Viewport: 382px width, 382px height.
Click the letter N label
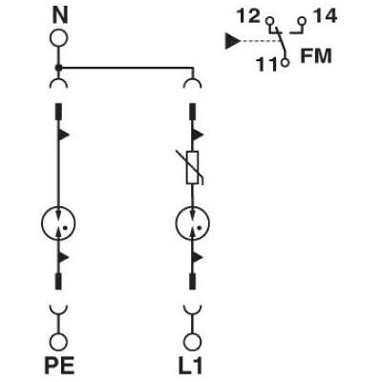(60, 16)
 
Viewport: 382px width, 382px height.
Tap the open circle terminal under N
(59, 38)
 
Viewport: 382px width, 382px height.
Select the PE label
(59, 366)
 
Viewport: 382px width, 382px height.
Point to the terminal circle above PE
(58, 343)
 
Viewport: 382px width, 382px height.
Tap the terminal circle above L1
(192, 343)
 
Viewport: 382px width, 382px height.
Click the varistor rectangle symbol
(192, 168)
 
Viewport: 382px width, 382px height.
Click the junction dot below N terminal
(58, 68)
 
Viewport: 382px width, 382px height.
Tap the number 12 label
(248, 16)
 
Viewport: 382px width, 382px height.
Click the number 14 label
(325, 16)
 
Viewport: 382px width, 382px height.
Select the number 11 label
(267, 65)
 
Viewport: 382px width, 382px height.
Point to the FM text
(316, 55)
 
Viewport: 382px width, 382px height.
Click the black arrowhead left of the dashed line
(233, 41)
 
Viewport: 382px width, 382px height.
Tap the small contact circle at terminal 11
(286, 62)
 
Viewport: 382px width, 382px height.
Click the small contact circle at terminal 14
(302, 22)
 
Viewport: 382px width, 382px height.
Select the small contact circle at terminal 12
(270, 22)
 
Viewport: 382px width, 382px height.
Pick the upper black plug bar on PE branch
(58, 112)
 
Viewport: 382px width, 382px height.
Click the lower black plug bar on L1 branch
(192, 281)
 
